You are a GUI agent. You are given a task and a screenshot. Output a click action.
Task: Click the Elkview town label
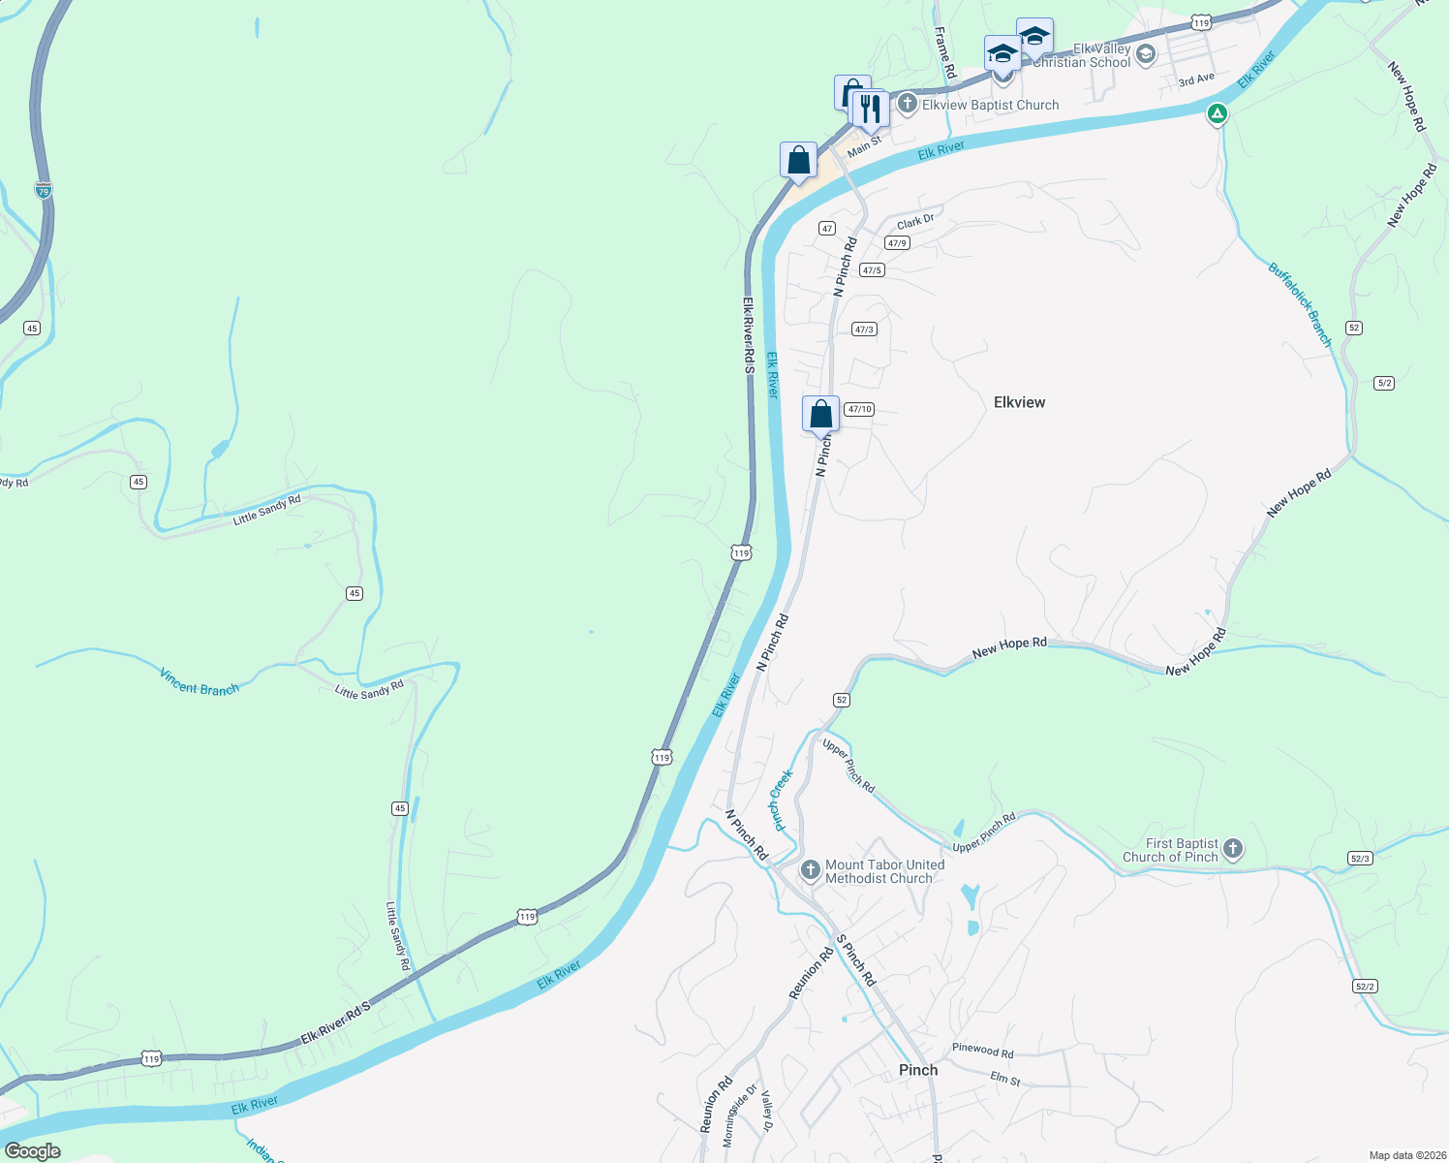pyautogui.click(x=1019, y=402)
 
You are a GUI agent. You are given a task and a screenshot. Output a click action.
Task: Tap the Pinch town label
pyautogui.click(x=917, y=1070)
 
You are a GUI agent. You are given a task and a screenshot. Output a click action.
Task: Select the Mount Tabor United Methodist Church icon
pyautogui.click(x=811, y=870)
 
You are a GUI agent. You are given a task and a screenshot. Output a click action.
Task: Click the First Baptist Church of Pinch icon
pyautogui.click(x=1233, y=849)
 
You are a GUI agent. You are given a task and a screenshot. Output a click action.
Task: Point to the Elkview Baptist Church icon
pyautogui.click(x=907, y=104)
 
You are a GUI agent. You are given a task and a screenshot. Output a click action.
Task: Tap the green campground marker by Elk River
pyautogui.click(x=1218, y=114)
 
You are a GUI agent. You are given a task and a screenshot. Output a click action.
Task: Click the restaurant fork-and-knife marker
pyautogui.click(x=871, y=109)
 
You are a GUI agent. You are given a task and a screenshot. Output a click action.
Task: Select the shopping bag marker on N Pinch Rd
pyautogui.click(x=820, y=414)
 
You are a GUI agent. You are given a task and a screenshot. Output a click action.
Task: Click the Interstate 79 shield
pyautogui.click(x=44, y=191)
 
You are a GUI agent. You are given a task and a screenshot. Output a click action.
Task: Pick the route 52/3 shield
pyautogui.click(x=1360, y=859)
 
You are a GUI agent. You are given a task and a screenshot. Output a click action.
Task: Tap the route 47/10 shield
pyautogui.click(x=859, y=409)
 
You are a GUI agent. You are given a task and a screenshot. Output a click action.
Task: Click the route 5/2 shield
pyautogui.click(x=1384, y=383)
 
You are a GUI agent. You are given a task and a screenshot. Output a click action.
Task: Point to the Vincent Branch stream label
pyautogui.click(x=200, y=682)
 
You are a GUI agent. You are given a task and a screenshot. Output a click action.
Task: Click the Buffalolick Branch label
pyautogui.click(x=1301, y=303)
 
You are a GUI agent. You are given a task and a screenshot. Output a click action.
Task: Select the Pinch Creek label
pyautogui.click(x=781, y=800)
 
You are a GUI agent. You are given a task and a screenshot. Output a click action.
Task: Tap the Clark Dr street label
pyautogui.click(x=915, y=222)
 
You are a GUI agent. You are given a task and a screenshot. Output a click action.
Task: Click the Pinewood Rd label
pyautogui.click(x=982, y=1050)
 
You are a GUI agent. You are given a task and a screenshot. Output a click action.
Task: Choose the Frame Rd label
pyautogui.click(x=945, y=53)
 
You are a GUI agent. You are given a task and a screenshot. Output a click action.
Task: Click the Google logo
pyautogui.click(x=33, y=1151)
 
